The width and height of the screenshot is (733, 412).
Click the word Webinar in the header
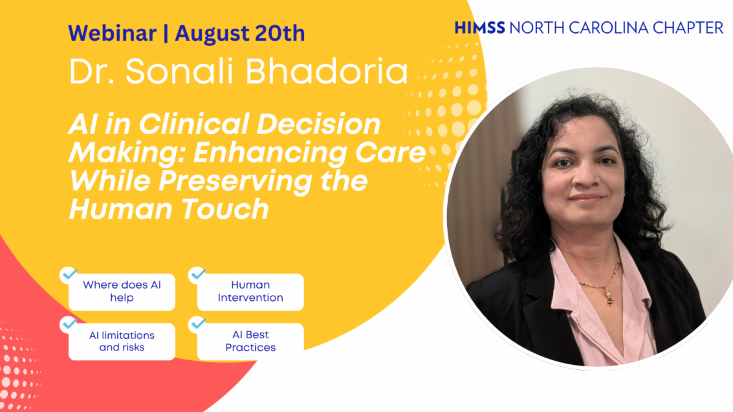pyautogui.click(x=112, y=33)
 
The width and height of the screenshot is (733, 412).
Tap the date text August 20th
pyautogui.click(x=240, y=33)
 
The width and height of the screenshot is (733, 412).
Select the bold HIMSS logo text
pyautogui.click(x=480, y=28)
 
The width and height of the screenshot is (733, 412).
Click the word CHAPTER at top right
pyautogui.click(x=688, y=28)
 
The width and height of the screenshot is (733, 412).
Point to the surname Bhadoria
pyautogui.click(x=327, y=71)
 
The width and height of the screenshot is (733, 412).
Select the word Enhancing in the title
pyautogui.click(x=270, y=153)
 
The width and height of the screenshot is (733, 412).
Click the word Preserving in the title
pyautogui.click(x=235, y=181)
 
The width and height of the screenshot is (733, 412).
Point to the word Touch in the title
pyautogui.click(x=225, y=209)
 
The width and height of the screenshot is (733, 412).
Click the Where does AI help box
pyautogui.click(x=122, y=292)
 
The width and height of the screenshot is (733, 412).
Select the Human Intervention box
pyautogui.click(x=250, y=292)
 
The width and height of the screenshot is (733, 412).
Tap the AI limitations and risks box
pyautogui.click(x=122, y=342)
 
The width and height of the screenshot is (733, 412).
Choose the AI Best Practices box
pyautogui.click(x=250, y=342)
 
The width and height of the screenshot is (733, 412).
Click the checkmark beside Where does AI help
pyautogui.click(x=69, y=274)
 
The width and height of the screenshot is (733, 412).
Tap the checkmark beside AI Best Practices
pyautogui.click(x=198, y=323)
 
